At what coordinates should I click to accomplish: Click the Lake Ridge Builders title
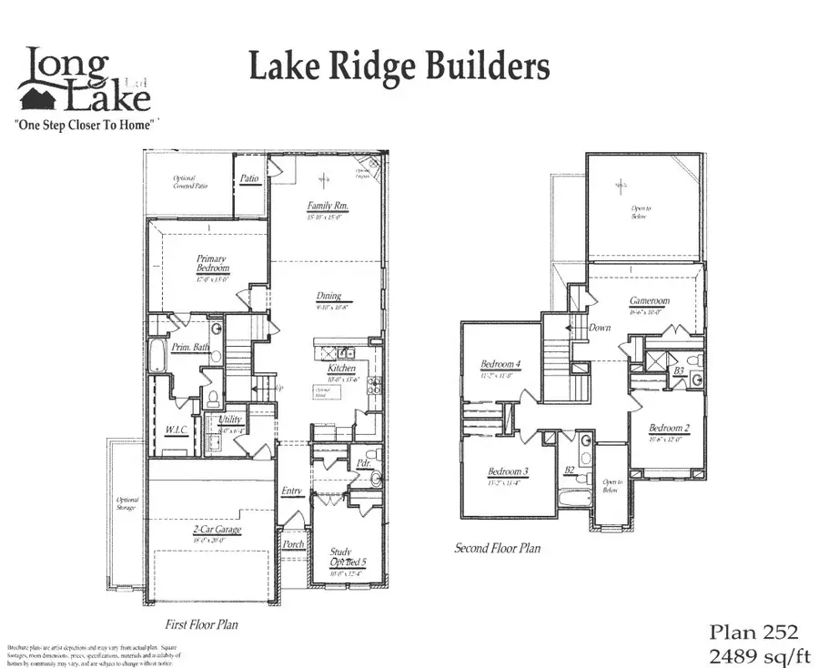399,67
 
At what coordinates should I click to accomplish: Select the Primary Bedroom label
212,265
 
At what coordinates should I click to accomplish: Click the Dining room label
329,296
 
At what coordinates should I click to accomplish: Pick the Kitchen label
343,368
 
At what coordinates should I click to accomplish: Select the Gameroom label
649,301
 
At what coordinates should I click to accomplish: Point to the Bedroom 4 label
500,366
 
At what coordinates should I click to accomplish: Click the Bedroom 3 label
508,471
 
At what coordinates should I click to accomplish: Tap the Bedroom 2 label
669,427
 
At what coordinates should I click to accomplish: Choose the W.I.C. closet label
176,429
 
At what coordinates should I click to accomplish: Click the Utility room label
230,420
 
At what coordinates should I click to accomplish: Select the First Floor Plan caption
202,626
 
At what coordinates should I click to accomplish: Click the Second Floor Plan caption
498,549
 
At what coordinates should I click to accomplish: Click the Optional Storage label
126,503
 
